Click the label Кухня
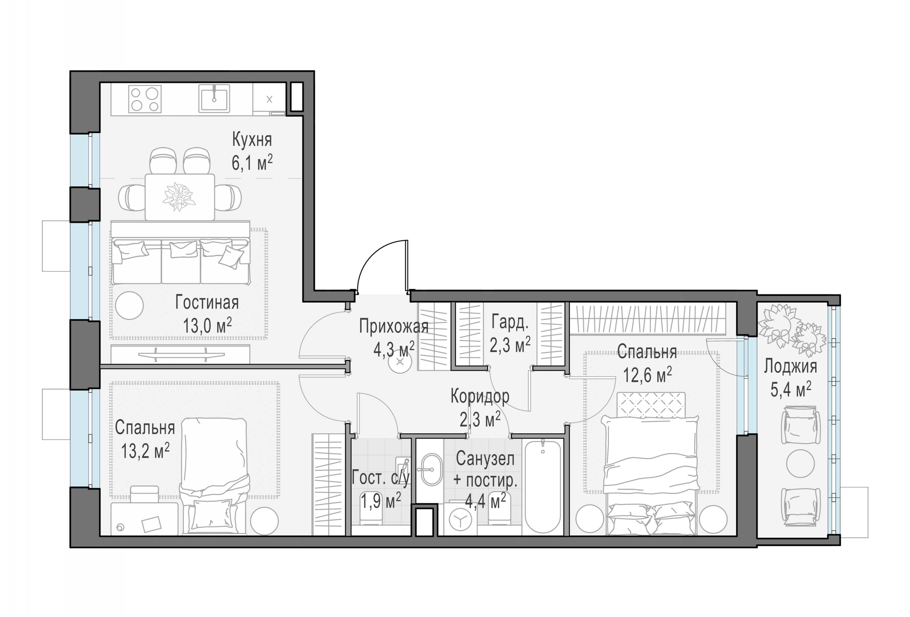(252, 139)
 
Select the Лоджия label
(790, 366)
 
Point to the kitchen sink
(214, 99)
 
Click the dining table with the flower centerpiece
(180, 197)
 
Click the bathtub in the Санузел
(542, 487)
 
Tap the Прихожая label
(394, 326)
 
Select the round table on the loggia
(800, 463)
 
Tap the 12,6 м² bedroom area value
(647, 375)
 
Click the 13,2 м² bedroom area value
(145, 451)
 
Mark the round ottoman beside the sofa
(129, 305)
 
